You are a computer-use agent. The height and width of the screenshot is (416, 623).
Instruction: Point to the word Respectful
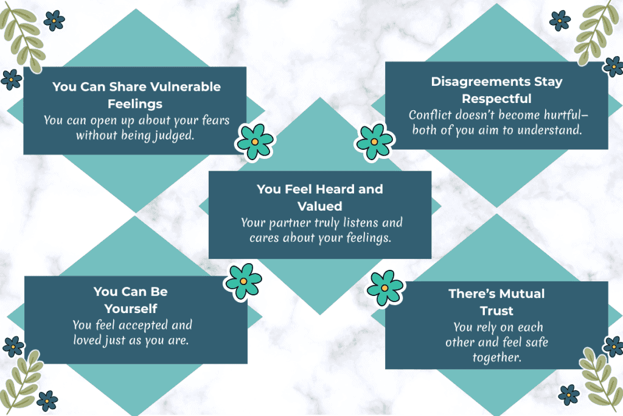point(496,99)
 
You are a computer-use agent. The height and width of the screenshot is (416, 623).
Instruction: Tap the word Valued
point(320,206)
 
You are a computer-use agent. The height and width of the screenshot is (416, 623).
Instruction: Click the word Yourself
point(131,308)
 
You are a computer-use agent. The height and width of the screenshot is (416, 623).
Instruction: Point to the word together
point(497,358)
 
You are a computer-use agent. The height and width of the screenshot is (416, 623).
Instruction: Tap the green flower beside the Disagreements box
point(374,142)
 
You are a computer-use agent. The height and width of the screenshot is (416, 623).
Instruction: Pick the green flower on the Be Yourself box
point(243,281)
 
